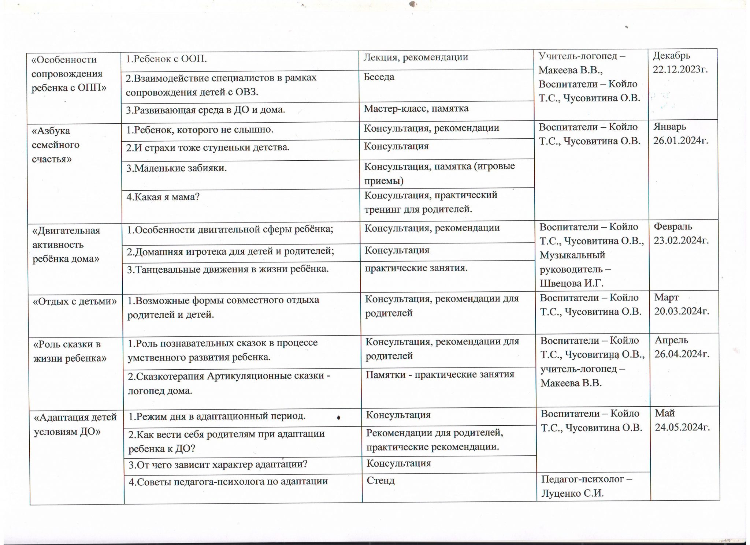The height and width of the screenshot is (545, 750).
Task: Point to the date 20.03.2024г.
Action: point(682,311)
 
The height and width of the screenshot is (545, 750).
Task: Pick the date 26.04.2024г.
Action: point(682,354)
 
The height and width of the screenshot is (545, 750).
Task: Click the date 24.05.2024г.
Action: point(683,427)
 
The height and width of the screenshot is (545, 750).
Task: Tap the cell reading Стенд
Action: point(380,480)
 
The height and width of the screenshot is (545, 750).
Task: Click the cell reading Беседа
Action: point(379,77)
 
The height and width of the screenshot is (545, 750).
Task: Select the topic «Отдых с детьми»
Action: point(75,301)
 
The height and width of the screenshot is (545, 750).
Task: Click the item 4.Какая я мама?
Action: point(163,197)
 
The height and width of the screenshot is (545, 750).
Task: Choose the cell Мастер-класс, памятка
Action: point(416,108)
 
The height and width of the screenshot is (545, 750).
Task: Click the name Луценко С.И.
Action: point(572,493)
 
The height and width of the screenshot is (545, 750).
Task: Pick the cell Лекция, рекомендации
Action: point(416,57)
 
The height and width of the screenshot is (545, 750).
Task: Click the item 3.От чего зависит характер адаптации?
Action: point(218,464)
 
